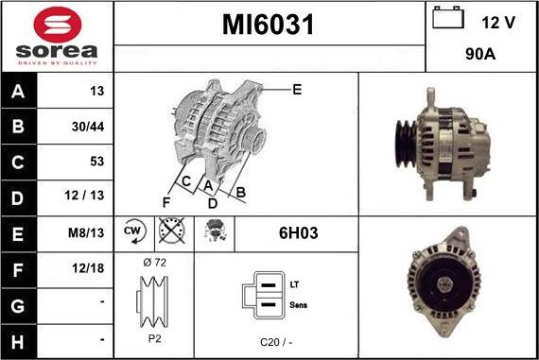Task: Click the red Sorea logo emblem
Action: [x=58, y=25]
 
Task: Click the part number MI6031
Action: [x=269, y=25]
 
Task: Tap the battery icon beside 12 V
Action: [x=448, y=18]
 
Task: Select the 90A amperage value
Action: [x=480, y=54]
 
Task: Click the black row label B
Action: [x=18, y=126]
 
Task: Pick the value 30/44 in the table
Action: [x=88, y=127]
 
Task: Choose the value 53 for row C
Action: [x=97, y=162]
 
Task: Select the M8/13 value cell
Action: [x=86, y=233]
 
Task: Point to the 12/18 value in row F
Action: [x=88, y=268]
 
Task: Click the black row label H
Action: [x=18, y=342]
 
